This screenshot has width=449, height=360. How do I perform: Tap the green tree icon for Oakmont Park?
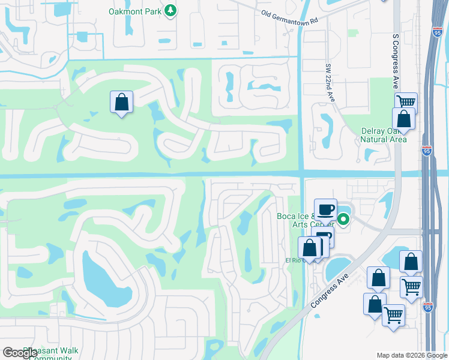(x=171, y=11)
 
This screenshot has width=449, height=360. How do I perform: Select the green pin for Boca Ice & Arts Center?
(x=343, y=220)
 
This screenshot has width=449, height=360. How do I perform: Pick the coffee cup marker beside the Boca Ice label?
(x=325, y=210)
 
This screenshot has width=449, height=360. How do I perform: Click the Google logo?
(x=20, y=353)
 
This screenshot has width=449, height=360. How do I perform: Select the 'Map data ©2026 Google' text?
(x=412, y=355)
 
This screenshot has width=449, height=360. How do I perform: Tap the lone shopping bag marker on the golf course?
(x=121, y=102)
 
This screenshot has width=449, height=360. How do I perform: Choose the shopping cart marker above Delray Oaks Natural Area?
(x=406, y=101)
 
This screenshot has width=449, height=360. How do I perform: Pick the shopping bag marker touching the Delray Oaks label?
(x=403, y=119)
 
